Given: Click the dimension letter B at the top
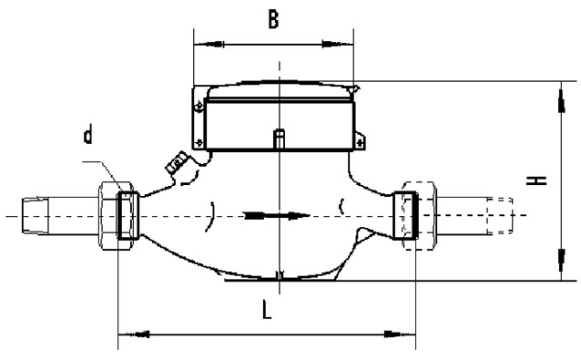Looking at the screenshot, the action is click(x=273, y=20).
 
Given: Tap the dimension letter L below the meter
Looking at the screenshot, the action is click(x=267, y=310).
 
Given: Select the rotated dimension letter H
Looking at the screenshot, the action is click(x=536, y=180).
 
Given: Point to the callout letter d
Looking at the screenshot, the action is click(x=87, y=134).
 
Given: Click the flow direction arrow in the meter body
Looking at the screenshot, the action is click(x=277, y=215).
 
